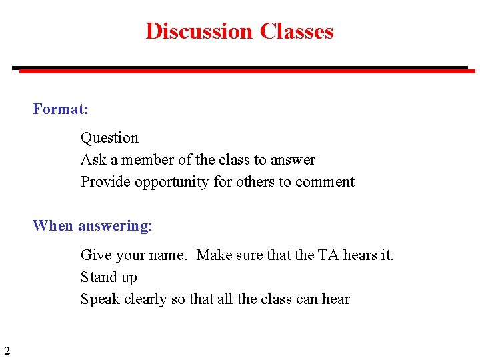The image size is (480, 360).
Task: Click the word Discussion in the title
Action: tap(199, 31)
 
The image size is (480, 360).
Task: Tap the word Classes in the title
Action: tap(297, 31)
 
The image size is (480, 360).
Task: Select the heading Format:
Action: tap(61, 109)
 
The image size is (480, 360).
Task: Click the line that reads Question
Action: tap(109, 138)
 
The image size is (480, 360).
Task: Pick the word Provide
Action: tap(105, 182)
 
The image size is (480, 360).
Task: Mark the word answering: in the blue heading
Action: tap(115, 227)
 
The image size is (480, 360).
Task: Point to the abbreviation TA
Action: tap(328, 255)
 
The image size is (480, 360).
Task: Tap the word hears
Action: tap(361, 255)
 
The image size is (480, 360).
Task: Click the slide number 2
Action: tap(7, 351)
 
